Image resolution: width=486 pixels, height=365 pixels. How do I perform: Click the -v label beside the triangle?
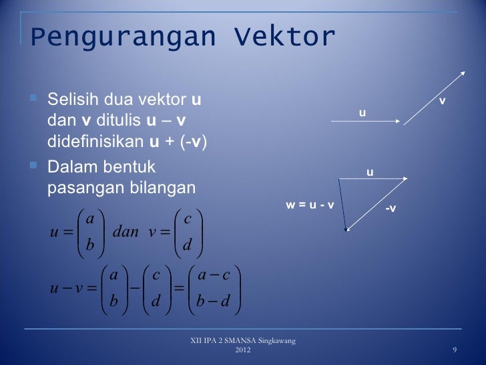tap(390, 209)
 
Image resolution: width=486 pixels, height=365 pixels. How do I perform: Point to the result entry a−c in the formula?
tap(214, 275)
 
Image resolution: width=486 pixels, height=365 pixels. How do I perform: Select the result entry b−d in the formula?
tap(214, 302)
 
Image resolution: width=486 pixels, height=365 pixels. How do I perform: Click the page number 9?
tap(455, 352)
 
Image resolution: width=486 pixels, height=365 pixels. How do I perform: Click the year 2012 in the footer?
tap(243, 352)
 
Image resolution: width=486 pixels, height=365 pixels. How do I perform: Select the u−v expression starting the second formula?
tap(65, 288)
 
